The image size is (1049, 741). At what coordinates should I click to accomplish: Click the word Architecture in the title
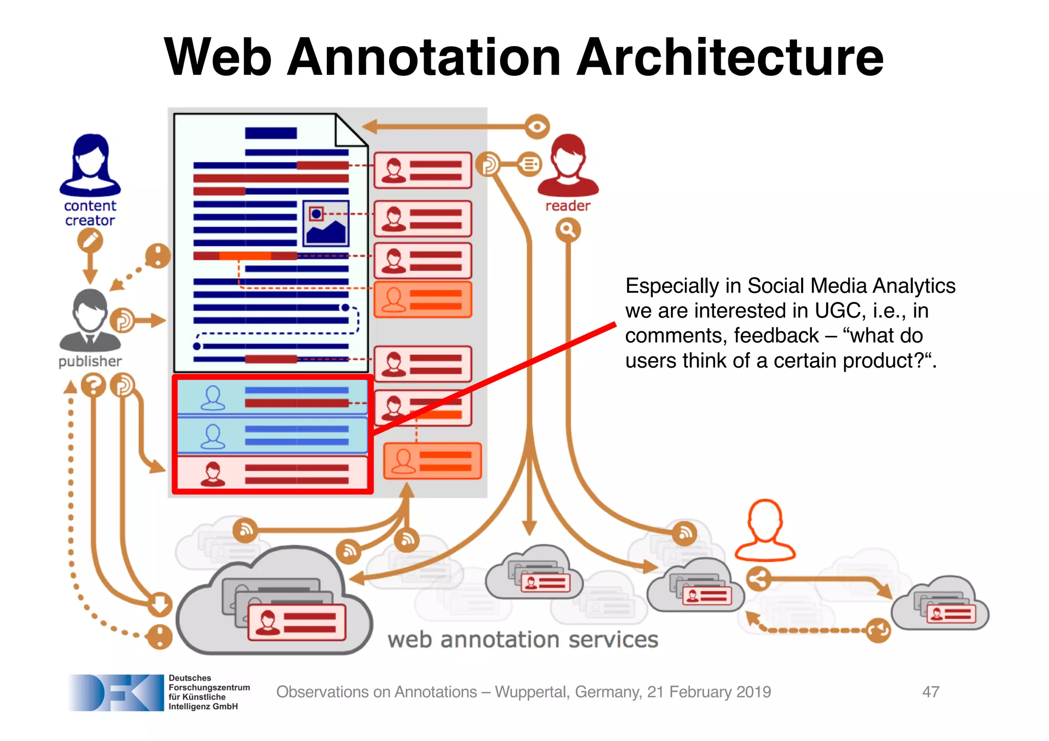(x=730, y=57)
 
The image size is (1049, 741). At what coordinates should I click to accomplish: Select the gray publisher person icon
(x=90, y=321)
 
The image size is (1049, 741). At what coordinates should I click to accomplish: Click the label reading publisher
(x=90, y=362)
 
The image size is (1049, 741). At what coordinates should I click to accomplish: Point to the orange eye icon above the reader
(x=537, y=126)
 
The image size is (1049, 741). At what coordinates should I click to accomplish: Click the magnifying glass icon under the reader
(x=568, y=230)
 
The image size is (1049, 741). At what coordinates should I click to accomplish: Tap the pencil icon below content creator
(x=90, y=240)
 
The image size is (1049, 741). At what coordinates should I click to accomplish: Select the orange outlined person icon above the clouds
(x=765, y=531)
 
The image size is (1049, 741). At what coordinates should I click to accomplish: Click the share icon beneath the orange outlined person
(x=759, y=579)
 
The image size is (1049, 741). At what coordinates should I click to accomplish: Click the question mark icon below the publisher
(x=93, y=385)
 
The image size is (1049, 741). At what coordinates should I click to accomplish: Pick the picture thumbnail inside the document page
(x=326, y=223)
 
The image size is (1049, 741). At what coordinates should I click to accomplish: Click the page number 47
(x=930, y=692)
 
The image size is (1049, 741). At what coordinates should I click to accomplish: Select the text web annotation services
(x=522, y=640)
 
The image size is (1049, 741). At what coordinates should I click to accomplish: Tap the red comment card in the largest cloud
(x=297, y=622)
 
